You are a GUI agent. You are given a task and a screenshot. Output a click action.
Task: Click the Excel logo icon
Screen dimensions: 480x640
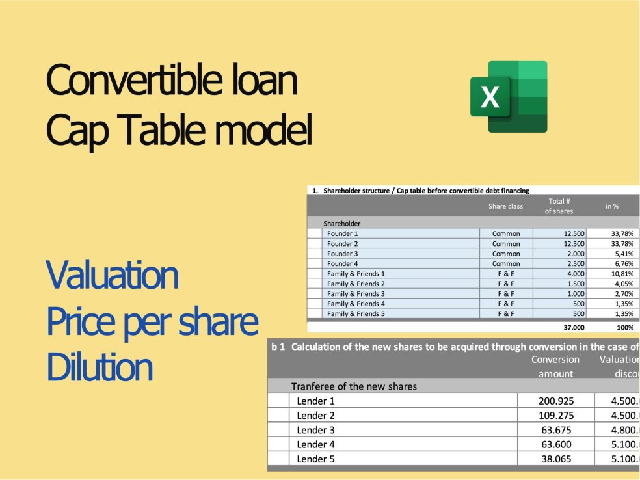pyautogui.click(x=509, y=97)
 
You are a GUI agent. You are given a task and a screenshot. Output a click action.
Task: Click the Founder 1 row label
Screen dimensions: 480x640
pyautogui.click(x=343, y=233)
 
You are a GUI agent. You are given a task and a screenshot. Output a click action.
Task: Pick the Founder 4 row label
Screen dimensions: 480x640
pyautogui.click(x=343, y=263)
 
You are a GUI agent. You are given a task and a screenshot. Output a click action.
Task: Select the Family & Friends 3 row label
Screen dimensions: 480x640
pyautogui.click(x=356, y=293)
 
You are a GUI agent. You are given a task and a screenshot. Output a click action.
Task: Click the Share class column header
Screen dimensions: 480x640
pyautogui.click(x=505, y=206)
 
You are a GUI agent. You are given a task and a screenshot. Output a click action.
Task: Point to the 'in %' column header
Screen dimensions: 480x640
pyautogui.click(x=611, y=206)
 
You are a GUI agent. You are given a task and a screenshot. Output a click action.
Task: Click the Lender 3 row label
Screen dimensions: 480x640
pyautogui.click(x=316, y=430)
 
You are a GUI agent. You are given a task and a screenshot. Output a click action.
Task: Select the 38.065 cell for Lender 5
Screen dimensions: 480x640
pyautogui.click(x=558, y=459)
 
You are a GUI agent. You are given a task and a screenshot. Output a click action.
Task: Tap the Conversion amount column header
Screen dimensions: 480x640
pyautogui.click(x=555, y=366)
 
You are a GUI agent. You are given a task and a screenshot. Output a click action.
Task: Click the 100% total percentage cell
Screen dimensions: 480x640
pyautogui.click(x=624, y=328)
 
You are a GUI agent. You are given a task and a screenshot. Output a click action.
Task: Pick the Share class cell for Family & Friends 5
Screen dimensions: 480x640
pyautogui.click(x=505, y=313)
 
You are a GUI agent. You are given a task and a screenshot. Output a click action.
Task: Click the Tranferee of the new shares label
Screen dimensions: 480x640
pyautogui.click(x=354, y=386)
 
